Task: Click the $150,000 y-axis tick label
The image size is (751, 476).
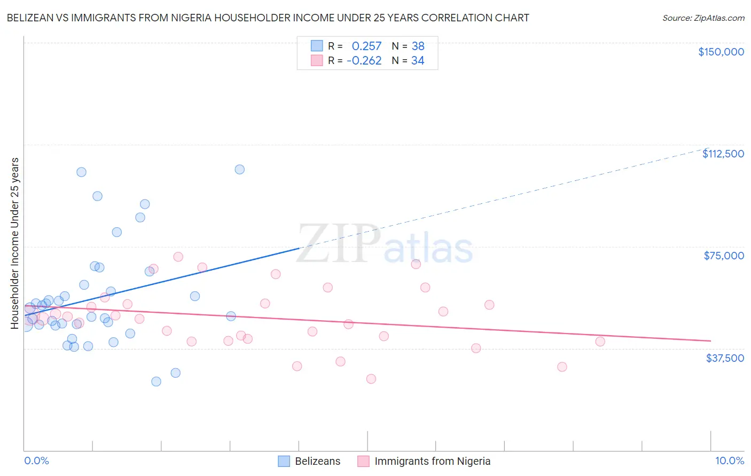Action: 721,52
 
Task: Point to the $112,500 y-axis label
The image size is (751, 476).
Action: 723,154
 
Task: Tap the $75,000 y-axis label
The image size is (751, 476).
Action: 724,256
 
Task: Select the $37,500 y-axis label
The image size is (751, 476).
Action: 725,358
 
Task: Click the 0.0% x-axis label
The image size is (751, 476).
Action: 36,461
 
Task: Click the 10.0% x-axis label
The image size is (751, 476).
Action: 729,461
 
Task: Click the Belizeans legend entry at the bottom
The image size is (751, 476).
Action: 317,461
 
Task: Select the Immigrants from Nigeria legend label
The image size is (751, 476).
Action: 432,461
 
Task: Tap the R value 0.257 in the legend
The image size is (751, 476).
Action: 366,46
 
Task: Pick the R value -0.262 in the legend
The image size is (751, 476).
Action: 364,61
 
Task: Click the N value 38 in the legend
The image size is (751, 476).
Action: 418,46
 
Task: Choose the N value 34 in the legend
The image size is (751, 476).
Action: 418,61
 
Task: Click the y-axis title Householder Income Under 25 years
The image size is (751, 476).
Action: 14,243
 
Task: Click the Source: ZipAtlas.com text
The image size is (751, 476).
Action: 703,18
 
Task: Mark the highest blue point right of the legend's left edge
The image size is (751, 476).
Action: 240,169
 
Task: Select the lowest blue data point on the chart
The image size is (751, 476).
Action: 156,382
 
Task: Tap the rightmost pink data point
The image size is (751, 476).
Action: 600,342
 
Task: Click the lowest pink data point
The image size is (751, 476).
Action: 371,379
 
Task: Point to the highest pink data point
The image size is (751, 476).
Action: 178,257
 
